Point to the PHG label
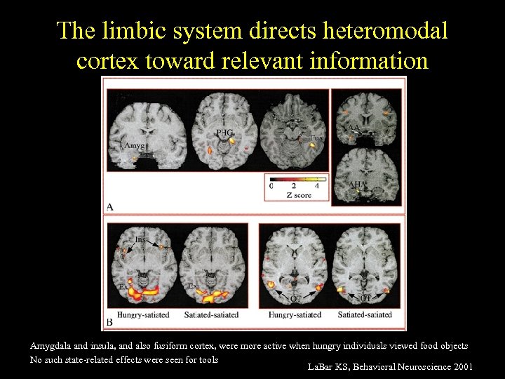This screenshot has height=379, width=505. click(224, 132)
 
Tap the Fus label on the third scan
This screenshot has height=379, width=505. click(317, 138)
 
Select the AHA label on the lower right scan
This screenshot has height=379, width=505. click(357, 184)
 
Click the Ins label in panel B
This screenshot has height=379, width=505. click(141, 240)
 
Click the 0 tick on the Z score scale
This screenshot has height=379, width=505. click(271, 186)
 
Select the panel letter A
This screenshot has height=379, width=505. click(109, 206)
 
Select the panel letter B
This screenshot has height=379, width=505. click(109, 322)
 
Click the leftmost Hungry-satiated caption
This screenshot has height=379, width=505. click(143, 314)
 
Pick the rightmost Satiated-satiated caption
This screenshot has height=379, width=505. click(365, 314)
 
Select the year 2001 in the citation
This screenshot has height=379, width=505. click(463, 367)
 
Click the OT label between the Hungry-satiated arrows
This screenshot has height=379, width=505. click(296, 299)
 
